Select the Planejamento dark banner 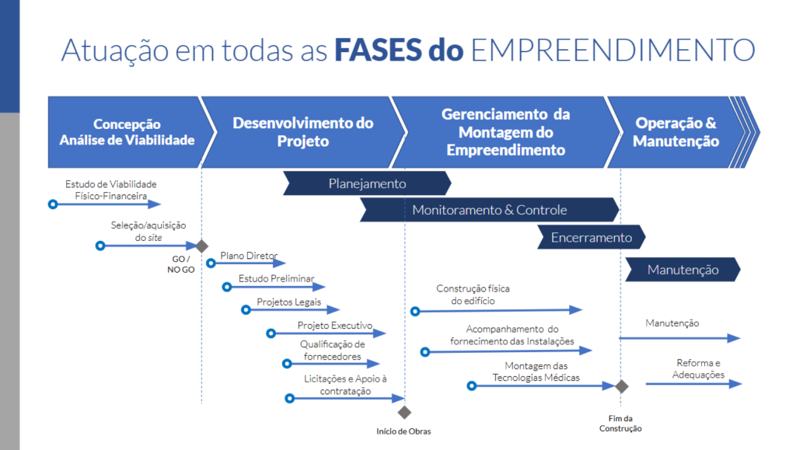[367, 184]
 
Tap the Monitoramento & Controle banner [489, 210]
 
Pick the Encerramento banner [591, 237]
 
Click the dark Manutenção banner [683, 270]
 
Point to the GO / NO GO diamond [201, 246]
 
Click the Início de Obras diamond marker [403, 413]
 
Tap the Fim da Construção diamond [621, 386]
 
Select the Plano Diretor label [243, 255]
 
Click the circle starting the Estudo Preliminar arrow [227, 287]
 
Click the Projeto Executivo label [335, 326]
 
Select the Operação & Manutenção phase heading [676, 132]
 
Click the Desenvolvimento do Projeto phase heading [302, 132]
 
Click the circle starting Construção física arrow [415, 311]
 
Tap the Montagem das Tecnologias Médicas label [536, 372]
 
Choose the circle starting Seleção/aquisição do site [100, 246]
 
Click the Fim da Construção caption [620, 424]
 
